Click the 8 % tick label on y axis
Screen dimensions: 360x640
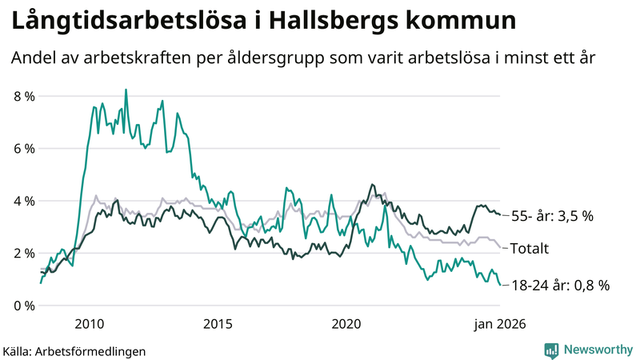pos(24,96)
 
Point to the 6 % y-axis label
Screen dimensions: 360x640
pos(24,149)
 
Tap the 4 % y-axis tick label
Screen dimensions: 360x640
pos(24,201)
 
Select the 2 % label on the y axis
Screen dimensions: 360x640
pos(24,254)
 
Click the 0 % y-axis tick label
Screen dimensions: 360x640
pos(24,306)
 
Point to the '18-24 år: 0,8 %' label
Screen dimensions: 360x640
pos(560,285)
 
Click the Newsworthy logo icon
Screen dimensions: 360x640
pos(551,350)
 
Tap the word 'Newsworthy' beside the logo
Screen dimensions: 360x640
pos(596,350)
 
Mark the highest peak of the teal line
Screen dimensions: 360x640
pos(126,90)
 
